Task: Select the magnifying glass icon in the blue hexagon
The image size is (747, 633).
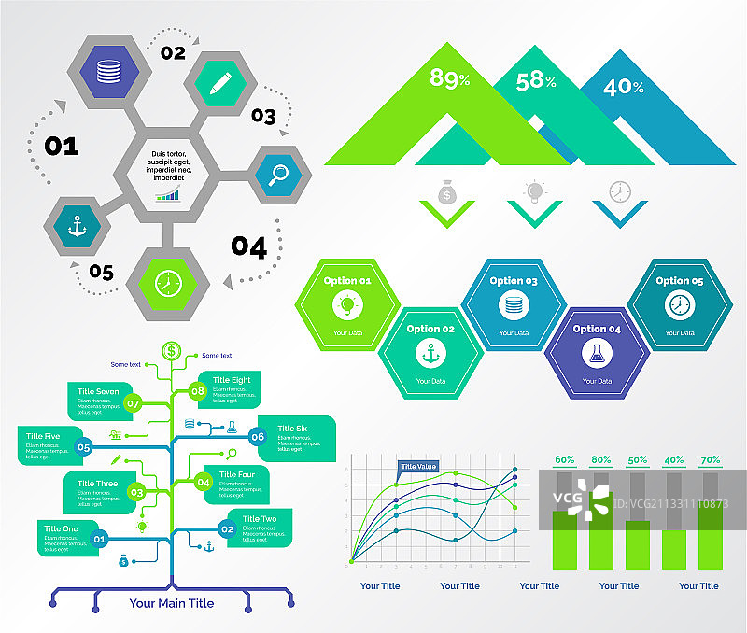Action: click(x=278, y=175)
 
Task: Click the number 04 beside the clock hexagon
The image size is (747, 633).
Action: click(x=249, y=247)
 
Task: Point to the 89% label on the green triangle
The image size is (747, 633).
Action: click(x=449, y=79)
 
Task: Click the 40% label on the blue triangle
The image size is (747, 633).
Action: click(x=624, y=88)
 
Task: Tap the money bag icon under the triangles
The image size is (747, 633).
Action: click(x=447, y=191)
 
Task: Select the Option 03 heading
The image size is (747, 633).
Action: click(x=514, y=281)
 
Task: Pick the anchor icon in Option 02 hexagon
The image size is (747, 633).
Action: click(x=430, y=354)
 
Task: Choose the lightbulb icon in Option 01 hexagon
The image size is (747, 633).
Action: click(x=347, y=304)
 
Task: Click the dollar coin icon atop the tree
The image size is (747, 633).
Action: click(x=171, y=351)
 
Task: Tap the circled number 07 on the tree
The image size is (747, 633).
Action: click(x=133, y=404)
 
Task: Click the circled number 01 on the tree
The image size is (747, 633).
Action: click(x=101, y=538)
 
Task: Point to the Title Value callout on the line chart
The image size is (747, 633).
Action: click(x=418, y=467)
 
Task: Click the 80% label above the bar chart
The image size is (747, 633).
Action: click(x=600, y=460)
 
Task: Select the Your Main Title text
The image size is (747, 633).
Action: click(x=172, y=603)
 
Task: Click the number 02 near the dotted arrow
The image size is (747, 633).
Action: click(x=173, y=53)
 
